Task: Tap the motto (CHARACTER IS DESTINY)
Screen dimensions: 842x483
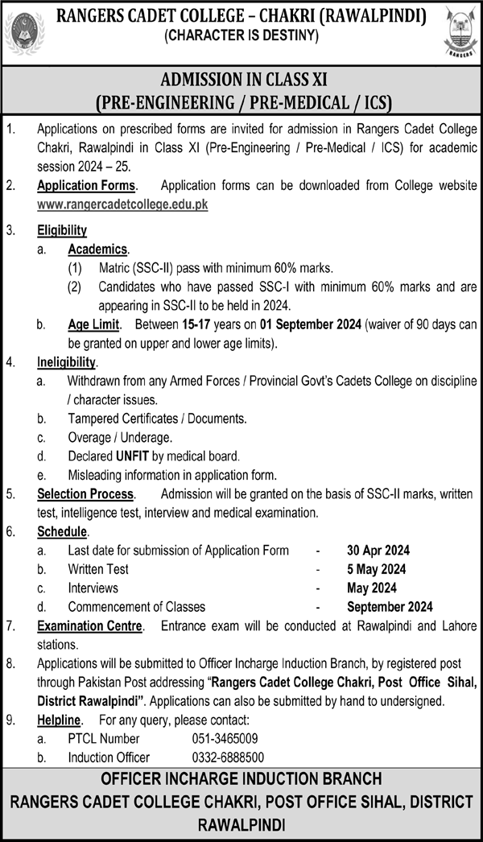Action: pos(241,35)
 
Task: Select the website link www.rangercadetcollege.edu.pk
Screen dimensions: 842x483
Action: pos(122,204)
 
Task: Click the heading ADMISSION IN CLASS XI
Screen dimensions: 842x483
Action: pos(242,80)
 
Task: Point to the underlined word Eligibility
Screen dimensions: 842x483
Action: pos(62,230)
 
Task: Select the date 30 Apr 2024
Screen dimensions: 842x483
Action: pos(378,551)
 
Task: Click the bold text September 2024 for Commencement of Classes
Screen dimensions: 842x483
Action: pos(390,606)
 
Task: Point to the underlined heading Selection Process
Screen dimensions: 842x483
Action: pos(86,493)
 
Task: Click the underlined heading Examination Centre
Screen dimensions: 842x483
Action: pos(90,625)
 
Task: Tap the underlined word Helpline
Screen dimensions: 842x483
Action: pos(60,719)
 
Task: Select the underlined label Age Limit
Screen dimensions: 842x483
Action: pos(93,324)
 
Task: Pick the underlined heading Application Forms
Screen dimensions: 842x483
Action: pos(86,186)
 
